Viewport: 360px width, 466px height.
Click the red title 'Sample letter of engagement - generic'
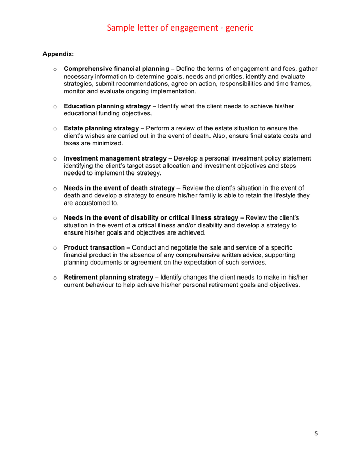pyautogui.click(x=180, y=28)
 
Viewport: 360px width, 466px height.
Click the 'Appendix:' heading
pyautogui.click(x=58, y=53)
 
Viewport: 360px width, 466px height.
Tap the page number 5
pyautogui.click(x=316, y=433)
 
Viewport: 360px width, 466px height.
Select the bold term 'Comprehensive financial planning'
pyautogui.click(x=116, y=69)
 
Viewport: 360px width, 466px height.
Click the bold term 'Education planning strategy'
pyautogui.click(x=107, y=106)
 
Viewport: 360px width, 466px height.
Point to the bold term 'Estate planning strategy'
pyautogui.click(x=101, y=128)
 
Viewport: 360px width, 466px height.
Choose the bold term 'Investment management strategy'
pyautogui.click(x=115, y=158)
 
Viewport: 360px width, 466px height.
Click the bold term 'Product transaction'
pyautogui.click(x=94, y=248)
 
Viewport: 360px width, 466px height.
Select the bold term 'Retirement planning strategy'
pyautogui.click(x=108, y=278)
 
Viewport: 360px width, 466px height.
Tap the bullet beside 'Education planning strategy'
pyautogui.click(x=55, y=107)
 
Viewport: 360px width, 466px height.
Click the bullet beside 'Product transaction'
pyautogui.click(x=55, y=249)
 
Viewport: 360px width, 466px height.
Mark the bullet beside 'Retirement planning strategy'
pyautogui.click(x=55, y=278)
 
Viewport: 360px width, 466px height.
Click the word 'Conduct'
pyautogui.click(x=146, y=248)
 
